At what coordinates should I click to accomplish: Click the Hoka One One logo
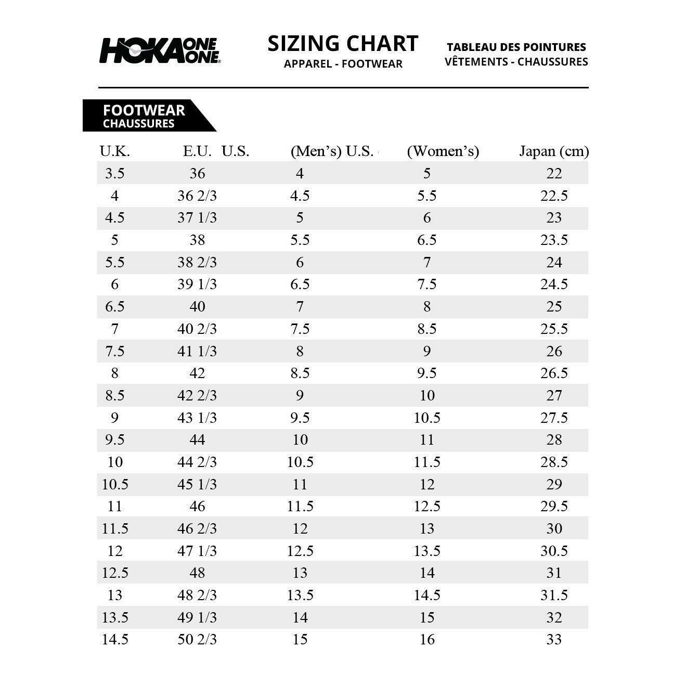(160, 50)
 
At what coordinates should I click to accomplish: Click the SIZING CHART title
(343, 44)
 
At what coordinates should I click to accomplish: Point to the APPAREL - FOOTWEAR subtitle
(343, 64)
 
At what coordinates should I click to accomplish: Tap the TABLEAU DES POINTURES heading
(516, 47)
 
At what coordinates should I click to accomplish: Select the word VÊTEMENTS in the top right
(476, 61)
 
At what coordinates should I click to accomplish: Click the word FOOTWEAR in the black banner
(144, 110)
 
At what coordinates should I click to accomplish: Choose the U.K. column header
(114, 151)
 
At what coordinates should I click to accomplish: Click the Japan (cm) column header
(554, 151)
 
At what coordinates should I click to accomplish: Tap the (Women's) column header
(443, 151)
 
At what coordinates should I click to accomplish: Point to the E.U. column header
(197, 151)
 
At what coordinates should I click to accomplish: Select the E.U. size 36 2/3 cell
(197, 196)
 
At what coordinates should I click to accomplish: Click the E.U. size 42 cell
(197, 373)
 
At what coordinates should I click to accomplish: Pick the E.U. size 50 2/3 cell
(197, 639)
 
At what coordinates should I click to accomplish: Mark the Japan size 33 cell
(554, 639)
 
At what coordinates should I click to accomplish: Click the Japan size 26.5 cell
(554, 373)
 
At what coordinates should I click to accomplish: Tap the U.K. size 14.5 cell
(114, 639)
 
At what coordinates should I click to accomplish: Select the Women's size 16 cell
(427, 639)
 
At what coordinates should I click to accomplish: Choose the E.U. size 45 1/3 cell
(197, 484)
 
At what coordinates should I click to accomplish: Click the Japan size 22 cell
(554, 173)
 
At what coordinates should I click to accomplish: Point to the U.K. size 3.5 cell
(114, 173)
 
